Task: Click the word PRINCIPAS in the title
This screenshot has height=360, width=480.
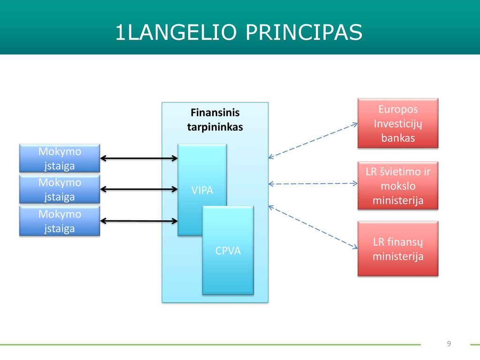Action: (x=304, y=32)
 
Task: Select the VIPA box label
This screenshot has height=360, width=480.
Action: (x=202, y=190)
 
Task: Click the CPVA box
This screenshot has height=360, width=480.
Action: (x=228, y=250)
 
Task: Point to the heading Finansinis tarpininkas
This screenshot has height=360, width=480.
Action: (x=215, y=120)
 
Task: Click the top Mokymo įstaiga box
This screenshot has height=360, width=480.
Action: (x=60, y=158)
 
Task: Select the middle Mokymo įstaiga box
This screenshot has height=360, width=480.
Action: (x=60, y=189)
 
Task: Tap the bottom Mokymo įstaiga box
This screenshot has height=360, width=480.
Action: (x=60, y=221)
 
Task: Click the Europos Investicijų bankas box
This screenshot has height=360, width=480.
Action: (x=398, y=123)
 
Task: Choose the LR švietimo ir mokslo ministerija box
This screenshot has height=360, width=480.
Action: (x=398, y=186)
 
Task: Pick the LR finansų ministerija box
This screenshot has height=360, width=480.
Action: (x=398, y=248)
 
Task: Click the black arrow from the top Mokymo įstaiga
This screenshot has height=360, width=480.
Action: (x=139, y=158)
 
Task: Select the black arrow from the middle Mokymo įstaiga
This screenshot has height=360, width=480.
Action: (x=139, y=189)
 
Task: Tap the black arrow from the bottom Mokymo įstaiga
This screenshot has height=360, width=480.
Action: (x=139, y=221)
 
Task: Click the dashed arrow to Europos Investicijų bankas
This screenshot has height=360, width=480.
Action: (x=313, y=141)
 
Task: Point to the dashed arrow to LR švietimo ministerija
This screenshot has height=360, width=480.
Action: (x=313, y=184)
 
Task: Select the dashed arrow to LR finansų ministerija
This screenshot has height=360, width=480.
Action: (x=313, y=227)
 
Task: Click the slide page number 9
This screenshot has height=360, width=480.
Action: (x=449, y=344)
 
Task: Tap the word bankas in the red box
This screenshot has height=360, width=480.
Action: (x=398, y=138)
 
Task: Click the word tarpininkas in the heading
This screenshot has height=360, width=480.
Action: (x=215, y=127)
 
